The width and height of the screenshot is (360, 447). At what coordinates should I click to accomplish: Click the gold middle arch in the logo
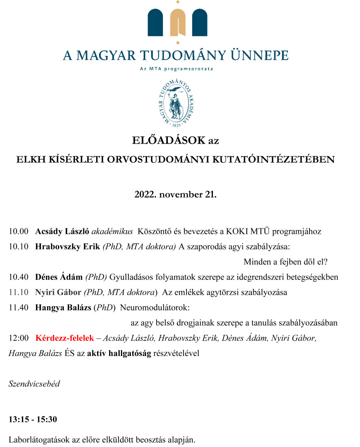178,23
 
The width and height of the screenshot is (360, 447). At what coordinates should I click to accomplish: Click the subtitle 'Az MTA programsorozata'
176,69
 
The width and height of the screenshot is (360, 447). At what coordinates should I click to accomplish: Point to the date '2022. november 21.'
175,194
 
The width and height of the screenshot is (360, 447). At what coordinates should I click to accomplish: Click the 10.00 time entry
19,231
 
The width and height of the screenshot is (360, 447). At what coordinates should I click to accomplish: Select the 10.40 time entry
19,277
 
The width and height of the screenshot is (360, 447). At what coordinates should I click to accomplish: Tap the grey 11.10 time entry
19,292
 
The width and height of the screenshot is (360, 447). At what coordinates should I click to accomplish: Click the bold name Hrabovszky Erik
68,247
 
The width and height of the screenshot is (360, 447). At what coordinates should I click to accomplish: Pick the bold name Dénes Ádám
59,277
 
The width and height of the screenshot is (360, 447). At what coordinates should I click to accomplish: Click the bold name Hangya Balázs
63,308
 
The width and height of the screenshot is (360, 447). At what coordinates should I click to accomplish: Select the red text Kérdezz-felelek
65,338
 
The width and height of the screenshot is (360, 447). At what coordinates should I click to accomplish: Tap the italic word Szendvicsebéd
34,384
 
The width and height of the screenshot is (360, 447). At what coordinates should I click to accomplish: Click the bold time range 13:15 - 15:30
33,419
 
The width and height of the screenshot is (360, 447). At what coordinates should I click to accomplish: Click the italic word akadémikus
112,231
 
